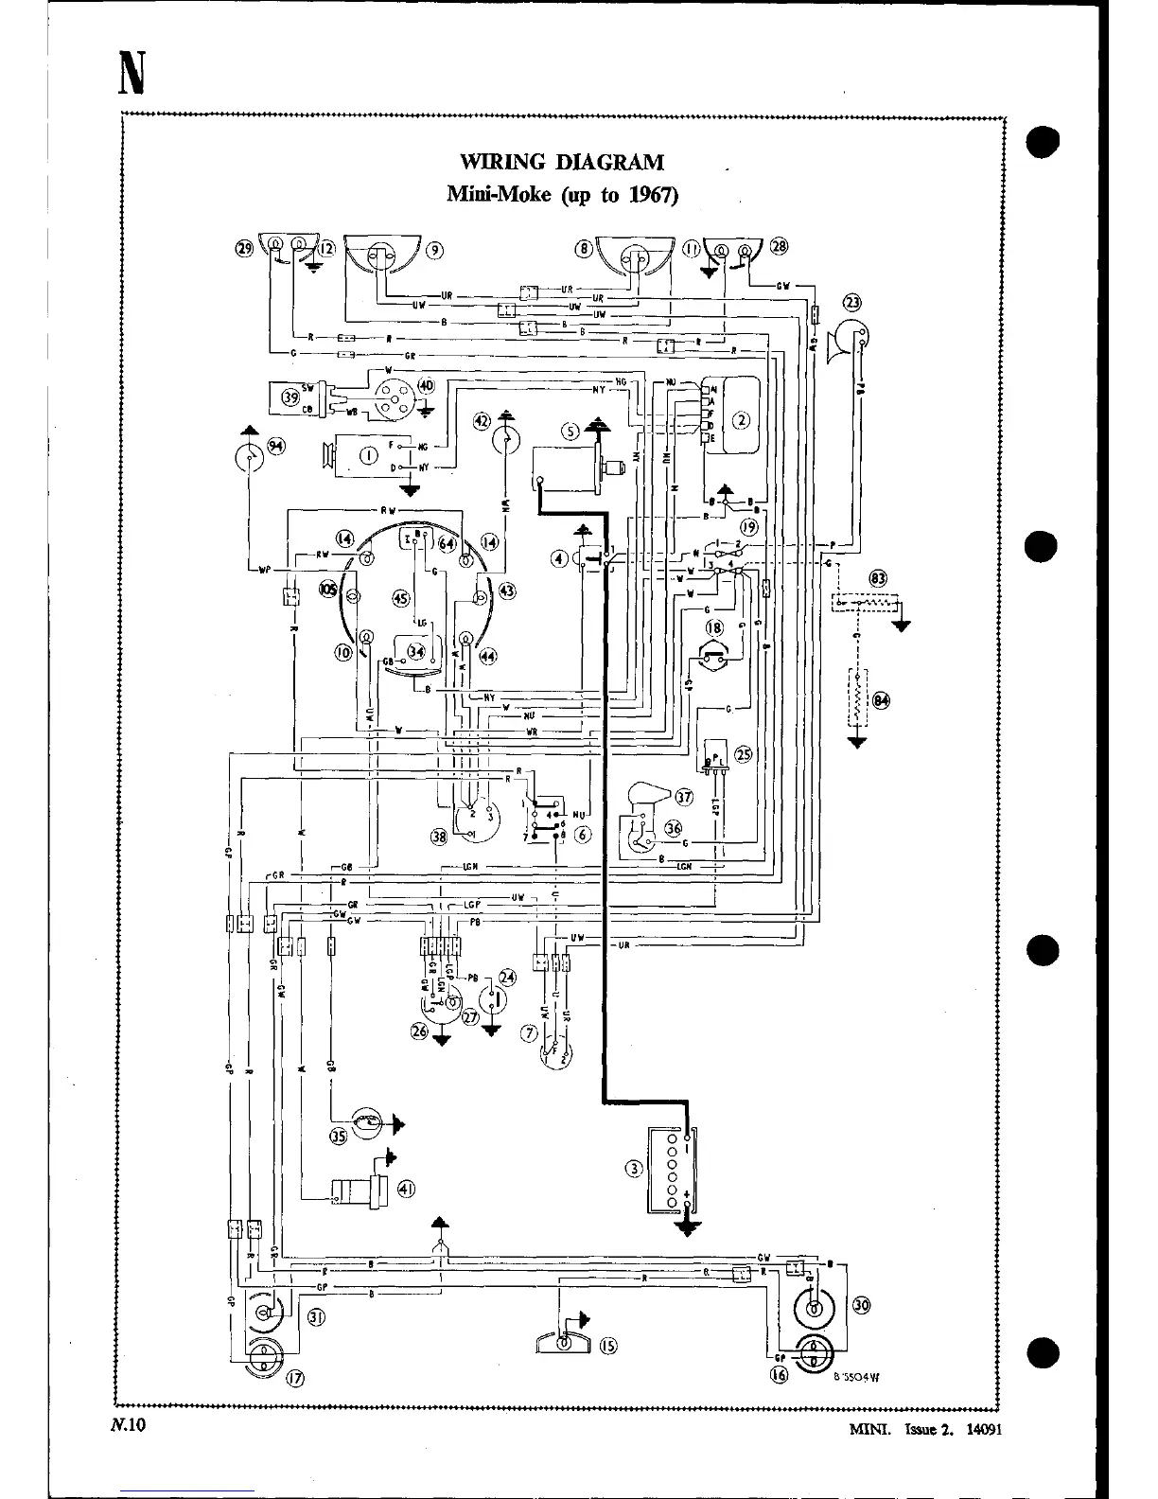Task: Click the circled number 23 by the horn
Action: click(852, 303)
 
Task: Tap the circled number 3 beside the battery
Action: click(634, 1168)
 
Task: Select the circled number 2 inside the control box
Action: click(742, 421)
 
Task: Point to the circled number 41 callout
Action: click(406, 1190)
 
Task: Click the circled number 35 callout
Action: click(338, 1137)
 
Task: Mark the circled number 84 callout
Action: click(882, 700)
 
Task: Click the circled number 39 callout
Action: click(290, 398)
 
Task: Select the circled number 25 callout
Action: click(744, 754)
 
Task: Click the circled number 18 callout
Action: click(715, 627)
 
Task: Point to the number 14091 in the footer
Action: click(981, 1430)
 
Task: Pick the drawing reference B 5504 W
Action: click(856, 1378)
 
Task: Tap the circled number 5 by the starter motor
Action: click(570, 432)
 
